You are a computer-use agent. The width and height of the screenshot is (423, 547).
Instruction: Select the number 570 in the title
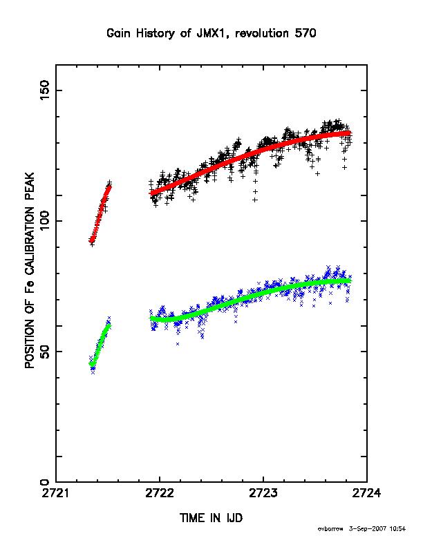(305, 33)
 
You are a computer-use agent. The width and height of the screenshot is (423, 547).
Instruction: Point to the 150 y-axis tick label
(45, 90)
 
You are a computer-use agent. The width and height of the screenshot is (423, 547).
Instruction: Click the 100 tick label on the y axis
(45, 221)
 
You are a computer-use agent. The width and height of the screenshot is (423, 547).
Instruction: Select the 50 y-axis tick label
(45, 352)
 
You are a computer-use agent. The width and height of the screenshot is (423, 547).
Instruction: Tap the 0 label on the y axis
(45, 482)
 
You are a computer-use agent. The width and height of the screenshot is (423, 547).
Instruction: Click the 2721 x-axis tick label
(56, 493)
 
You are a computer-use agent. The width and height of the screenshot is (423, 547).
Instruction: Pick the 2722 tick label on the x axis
(160, 493)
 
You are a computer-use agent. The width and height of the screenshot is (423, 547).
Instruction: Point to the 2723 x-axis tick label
(263, 493)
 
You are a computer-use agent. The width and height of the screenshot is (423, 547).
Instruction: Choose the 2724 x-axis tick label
(366, 493)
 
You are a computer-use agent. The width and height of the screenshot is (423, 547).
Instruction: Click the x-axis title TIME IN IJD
(211, 518)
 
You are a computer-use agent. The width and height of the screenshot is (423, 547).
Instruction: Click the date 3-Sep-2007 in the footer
(368, 529)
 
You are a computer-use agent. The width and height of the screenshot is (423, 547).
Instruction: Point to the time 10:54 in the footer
(397, 529)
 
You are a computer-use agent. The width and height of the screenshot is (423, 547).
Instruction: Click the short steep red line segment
(100, 213)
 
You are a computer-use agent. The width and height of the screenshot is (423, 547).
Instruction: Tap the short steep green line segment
(100, 345)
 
